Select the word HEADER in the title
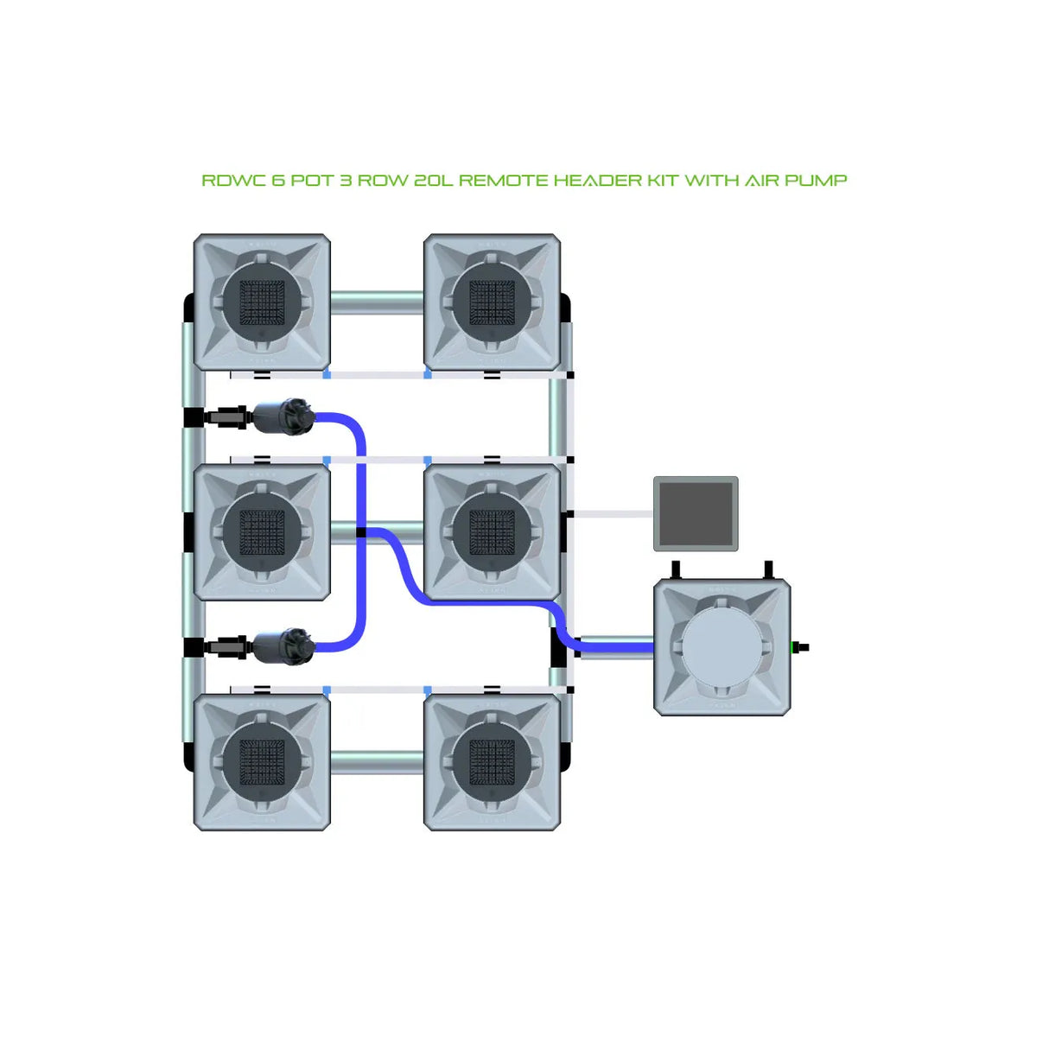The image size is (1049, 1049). click(x=593, y=181)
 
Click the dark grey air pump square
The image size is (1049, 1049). click(x=696, y=513)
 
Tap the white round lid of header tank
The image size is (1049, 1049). click(x=722, y=646)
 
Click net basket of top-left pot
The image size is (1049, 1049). click(x=262, y=302)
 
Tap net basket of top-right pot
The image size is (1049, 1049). click(x=492, y=302)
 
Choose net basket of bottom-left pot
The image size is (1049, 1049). click(x=262, y=761)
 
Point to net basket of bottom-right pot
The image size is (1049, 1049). click(x=492, y=761)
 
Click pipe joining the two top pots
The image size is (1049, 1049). click(x=377, y=302)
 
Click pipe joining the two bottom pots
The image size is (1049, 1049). click(x=377, y=762)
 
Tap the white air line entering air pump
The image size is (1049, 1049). click(x=614, y=514)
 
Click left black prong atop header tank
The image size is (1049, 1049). click(x=677, y=570)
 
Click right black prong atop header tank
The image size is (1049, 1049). click(x=767, y=570)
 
